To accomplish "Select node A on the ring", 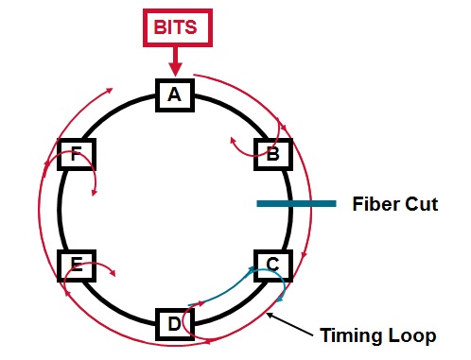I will tap(174, 94).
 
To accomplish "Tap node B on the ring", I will tap(273, 153).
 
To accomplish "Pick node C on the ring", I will tap(272, 265).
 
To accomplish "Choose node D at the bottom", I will tap(174, 325).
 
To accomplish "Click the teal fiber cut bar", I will tap(295, 203).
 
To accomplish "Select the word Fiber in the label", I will tap(374, 203).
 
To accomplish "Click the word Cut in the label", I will tap(420, 203).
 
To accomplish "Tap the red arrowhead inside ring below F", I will tap(94, 194).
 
